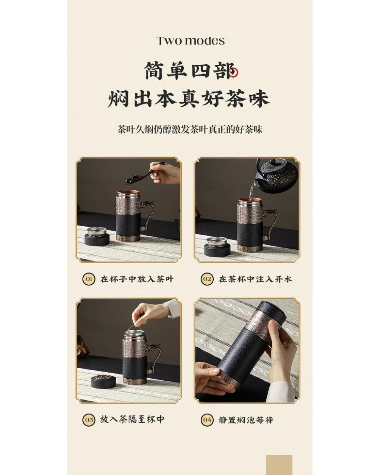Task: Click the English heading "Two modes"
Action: (x=190, y=41)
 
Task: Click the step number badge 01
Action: (x=88, y=279)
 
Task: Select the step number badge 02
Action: (x=207, y=279)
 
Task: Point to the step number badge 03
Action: (x=88, y=420)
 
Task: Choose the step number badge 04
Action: (x=207, y=420)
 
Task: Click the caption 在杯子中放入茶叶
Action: (x=137, y=279)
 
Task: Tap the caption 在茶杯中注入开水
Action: (x=255, y=279)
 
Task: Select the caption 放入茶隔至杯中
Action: (x=132, y=419)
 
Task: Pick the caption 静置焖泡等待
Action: (x=246, y=420)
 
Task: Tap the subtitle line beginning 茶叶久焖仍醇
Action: (x=190, y=129)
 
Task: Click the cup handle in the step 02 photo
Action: (x=269, y=221)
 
